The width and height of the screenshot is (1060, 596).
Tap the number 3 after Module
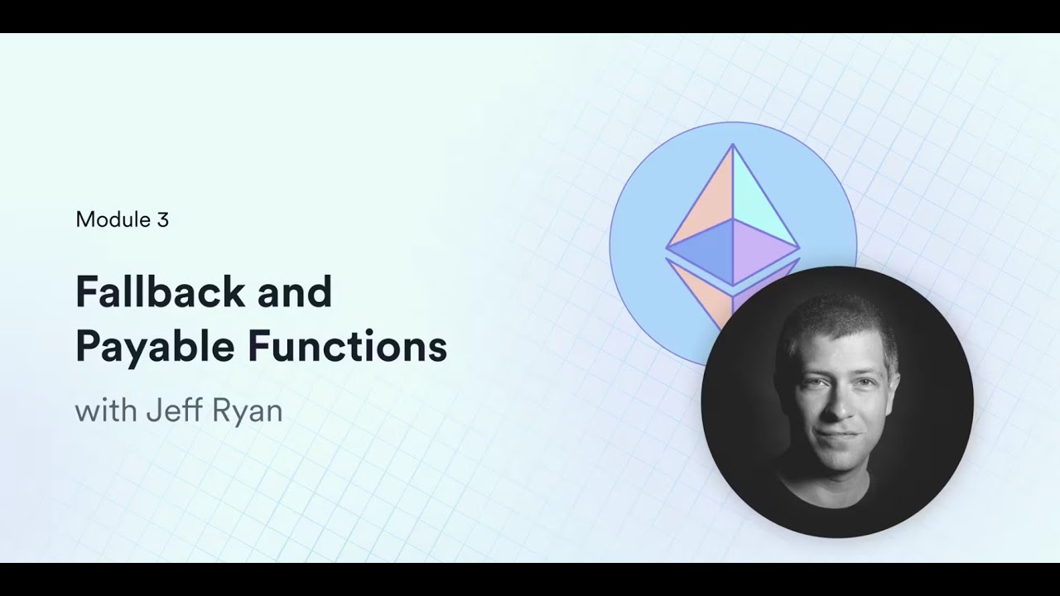[162, 219]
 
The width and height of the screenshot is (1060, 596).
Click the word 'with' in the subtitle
[105, 411]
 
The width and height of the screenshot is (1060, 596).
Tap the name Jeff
[171, 411]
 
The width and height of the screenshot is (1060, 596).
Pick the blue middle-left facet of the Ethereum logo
[704, 253]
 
